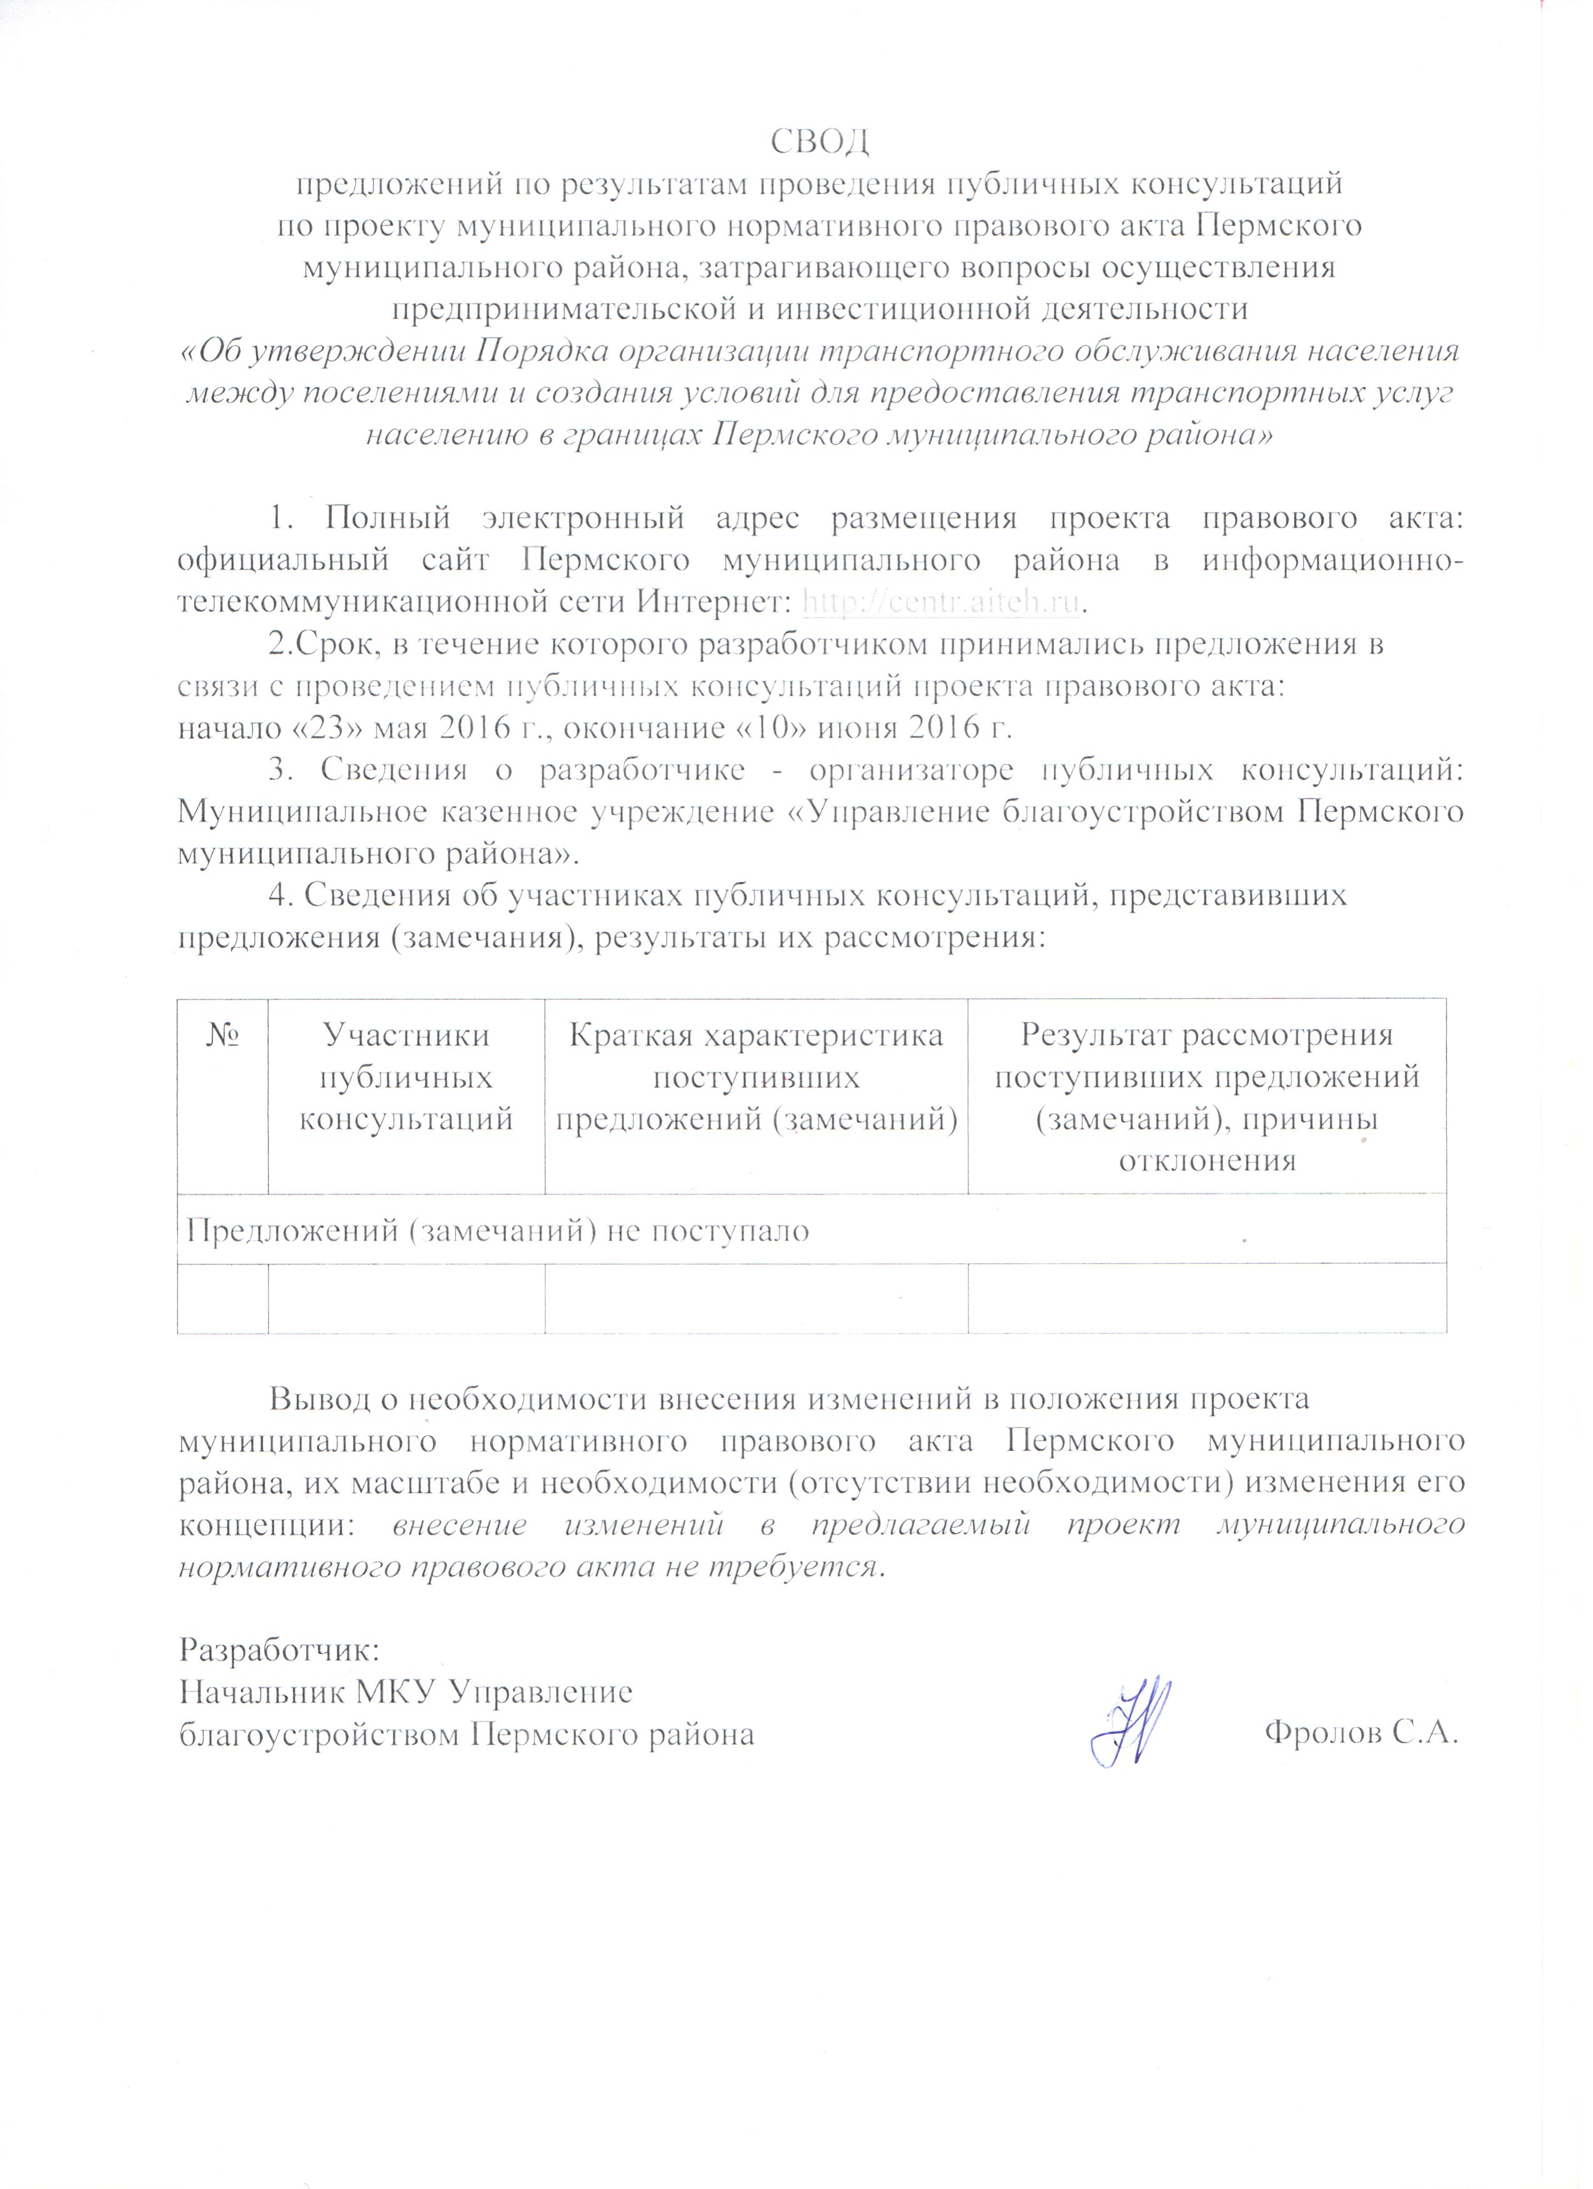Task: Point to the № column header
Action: [222, 1036]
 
